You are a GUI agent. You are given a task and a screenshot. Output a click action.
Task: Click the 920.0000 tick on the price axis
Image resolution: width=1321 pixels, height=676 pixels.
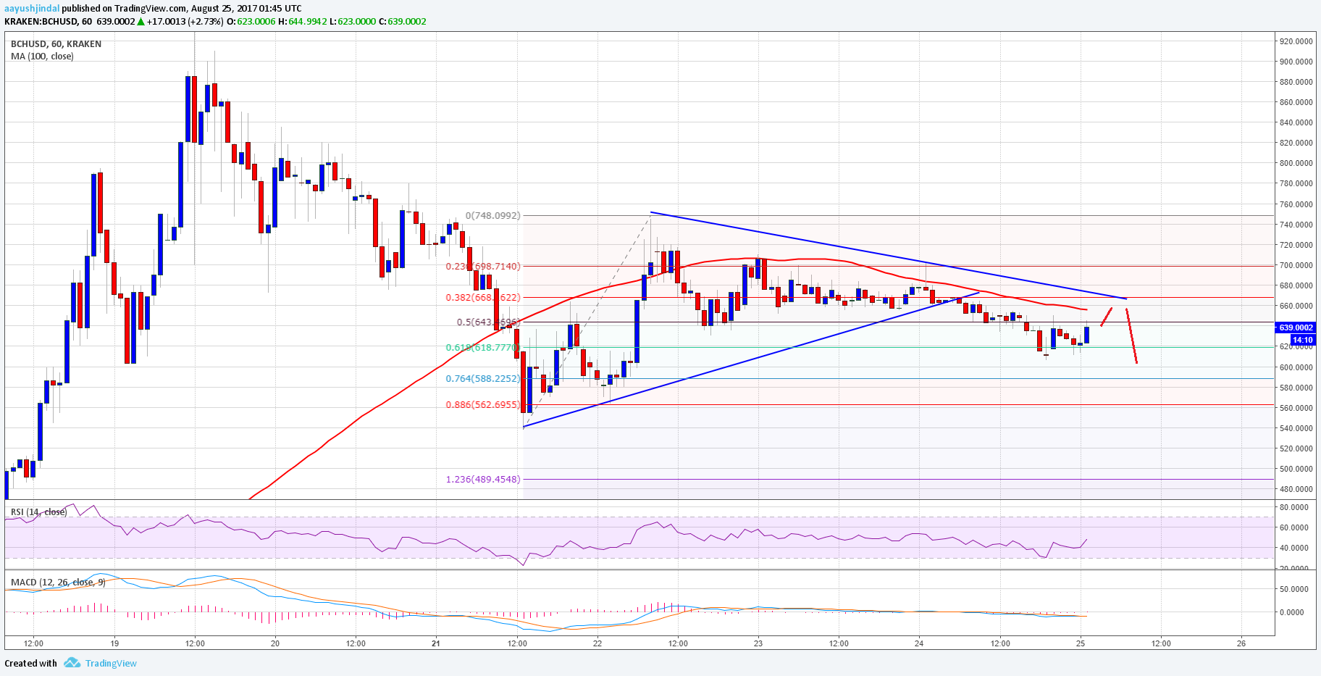point(1295,41)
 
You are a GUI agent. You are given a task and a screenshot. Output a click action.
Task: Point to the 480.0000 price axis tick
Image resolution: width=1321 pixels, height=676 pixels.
point(1295,489)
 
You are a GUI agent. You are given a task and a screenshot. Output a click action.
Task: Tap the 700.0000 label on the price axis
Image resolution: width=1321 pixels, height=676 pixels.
point(1295,265)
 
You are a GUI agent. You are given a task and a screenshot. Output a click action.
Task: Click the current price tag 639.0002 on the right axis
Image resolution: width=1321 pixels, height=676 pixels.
point(1296,327)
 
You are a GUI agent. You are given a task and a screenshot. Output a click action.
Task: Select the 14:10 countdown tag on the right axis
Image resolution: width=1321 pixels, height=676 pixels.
point(1302,340)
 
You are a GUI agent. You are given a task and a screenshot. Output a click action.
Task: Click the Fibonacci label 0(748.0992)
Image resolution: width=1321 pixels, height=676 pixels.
point(492,215)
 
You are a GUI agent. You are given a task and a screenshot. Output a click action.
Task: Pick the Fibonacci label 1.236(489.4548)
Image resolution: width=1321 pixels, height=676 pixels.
point(482,479)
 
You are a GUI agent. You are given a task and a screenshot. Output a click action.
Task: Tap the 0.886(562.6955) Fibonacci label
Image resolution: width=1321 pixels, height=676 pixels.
point(482,405)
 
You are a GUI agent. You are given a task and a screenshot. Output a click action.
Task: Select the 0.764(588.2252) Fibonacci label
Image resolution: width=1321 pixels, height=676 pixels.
point(482,378)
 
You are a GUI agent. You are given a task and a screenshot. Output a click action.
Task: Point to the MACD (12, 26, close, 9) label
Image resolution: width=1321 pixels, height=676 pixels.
point(58,583)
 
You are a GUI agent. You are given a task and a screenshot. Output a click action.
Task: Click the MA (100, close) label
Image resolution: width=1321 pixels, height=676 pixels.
point(42,56)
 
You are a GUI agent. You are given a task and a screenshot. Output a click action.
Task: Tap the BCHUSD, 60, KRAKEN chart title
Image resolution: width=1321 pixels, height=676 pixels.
point(56,43)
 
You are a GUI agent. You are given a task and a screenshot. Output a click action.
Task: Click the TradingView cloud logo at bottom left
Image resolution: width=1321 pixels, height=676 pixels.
point(72,663)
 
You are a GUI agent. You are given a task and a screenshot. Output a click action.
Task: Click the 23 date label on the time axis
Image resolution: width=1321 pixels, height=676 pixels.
point(758,643)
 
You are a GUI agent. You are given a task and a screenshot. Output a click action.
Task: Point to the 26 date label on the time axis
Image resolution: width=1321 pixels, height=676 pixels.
point(1241,643)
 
